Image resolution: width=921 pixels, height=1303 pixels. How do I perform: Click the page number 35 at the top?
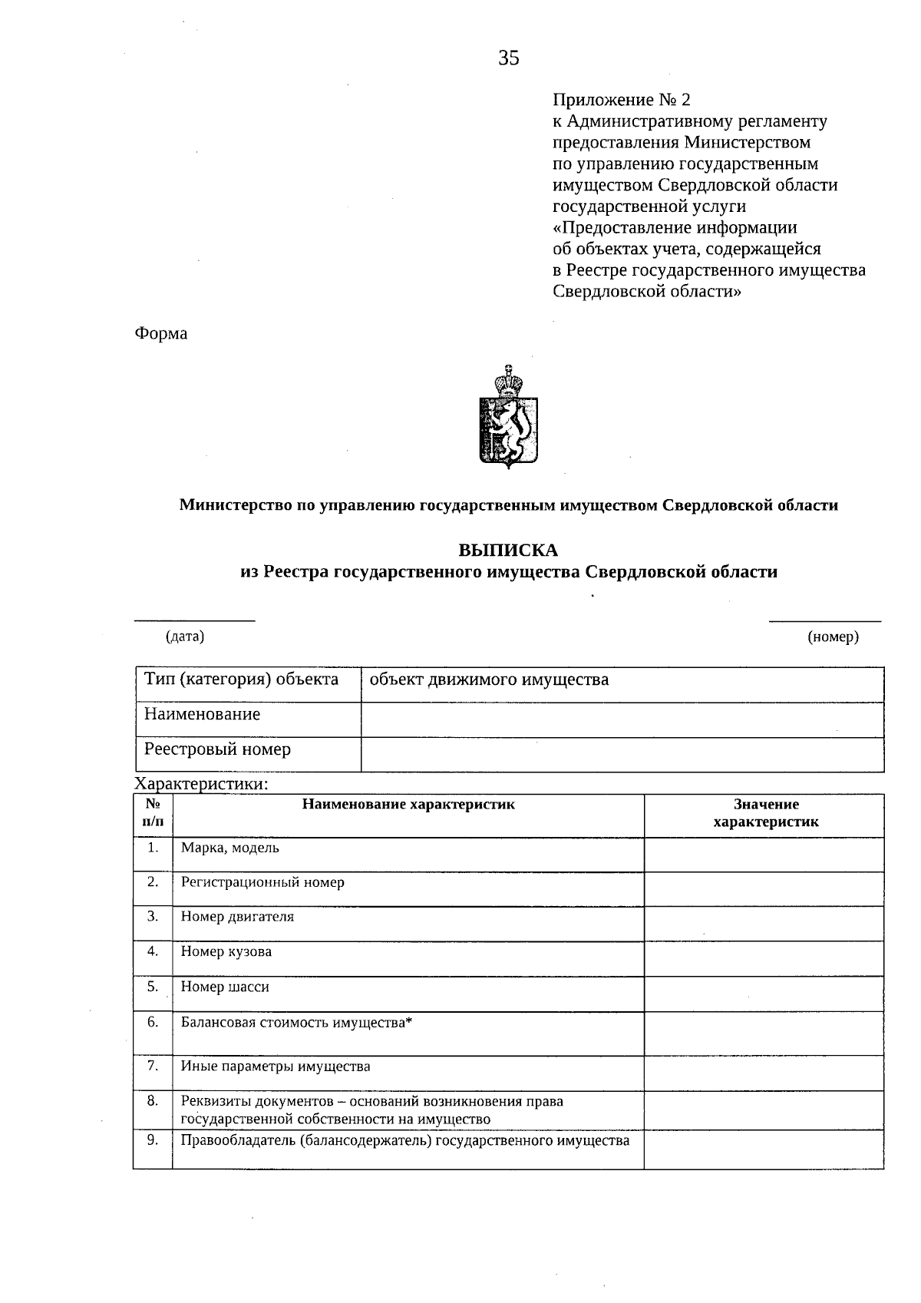pyautogui.click(x=509, y=58)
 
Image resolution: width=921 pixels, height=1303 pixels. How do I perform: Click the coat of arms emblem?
pyautogui.click(x=507, y=416)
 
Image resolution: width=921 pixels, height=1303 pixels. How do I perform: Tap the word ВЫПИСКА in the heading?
pyautogui.click(x=508, y=551)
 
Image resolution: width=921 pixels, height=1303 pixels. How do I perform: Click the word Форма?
pyautogui.click(x=161, y=333)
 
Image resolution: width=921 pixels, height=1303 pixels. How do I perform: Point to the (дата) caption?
pyautogui.click(x=185, y=636)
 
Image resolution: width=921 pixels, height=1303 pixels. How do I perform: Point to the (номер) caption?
pyautogui.click(x=833, y=637)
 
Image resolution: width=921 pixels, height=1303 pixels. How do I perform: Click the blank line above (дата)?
pyautogui.click(x=194, y=618)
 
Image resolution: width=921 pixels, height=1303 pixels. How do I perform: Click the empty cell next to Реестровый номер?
pyautogui.click(x=622, y=754)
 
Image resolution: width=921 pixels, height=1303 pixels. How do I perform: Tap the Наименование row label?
pyautogui.click(x=203, y=714)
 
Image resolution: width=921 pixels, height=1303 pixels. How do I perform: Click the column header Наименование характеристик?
pyautogui.click(x=408, y=805)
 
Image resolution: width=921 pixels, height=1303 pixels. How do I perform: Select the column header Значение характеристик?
pyautogui.click(x=765, y=813)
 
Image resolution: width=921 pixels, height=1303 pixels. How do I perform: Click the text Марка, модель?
pyautogui.click(x=230, y=848)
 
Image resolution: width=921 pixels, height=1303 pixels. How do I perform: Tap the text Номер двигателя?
pyautogui.click(x=237, y=917)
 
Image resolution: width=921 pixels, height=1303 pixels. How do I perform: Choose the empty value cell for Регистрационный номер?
pyautogui.click(x=763, y=889)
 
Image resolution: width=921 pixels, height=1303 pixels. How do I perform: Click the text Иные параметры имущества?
pyautogui.click(x=276, y=1067)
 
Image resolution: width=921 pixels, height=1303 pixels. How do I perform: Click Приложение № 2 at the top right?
pyautogui.click(x=622, y=100)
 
